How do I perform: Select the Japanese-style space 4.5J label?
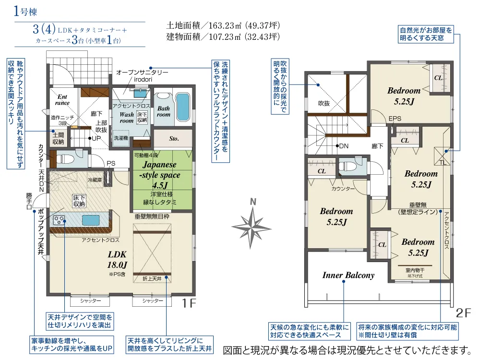pyautogui.click(x=160, y=175)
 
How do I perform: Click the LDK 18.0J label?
pyautogui.click(x=117, y=260)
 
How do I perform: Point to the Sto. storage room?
pyautogui.click(x=174, y=139)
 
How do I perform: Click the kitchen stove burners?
pyautogui.click(x=59, y=220)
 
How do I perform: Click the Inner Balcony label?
pyautogui.click(x=348, y=275)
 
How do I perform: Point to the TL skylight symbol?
pyautogui.click(x=443, y=156)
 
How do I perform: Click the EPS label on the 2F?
pyautogui.click(x=395, y=119)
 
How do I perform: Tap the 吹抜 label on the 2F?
pyautogui.click(x=324, y=103)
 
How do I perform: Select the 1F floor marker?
pyautogui.click(x=189, y=303)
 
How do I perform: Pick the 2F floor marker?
pyautogui.click(x=463, y=313)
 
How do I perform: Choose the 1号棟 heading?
pyautogui.click(x=25, y=12)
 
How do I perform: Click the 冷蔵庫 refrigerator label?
pyautogui.click(x=95, y=180)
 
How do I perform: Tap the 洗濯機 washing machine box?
pyautogui.click(x=120, y=138)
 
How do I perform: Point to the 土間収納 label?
pyautogui.click(x=58, y=138)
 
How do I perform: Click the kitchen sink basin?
pyautogui.click(x=90, y=220)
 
